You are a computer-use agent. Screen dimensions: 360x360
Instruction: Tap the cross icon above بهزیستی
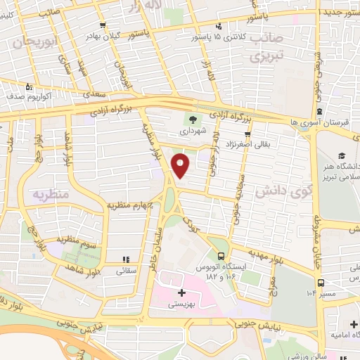[181, 292]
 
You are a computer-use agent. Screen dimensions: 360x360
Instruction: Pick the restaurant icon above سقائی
[127, 259]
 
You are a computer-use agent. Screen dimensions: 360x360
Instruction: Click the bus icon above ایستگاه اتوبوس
[221, 256]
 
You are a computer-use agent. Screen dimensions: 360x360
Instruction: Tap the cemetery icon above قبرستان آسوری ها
[319, 111]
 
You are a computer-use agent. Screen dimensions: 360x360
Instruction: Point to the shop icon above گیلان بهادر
[103, 25]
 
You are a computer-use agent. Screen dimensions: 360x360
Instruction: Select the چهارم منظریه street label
[129, 205]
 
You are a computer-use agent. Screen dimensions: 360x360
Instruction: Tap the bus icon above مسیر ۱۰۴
[321, 283]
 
